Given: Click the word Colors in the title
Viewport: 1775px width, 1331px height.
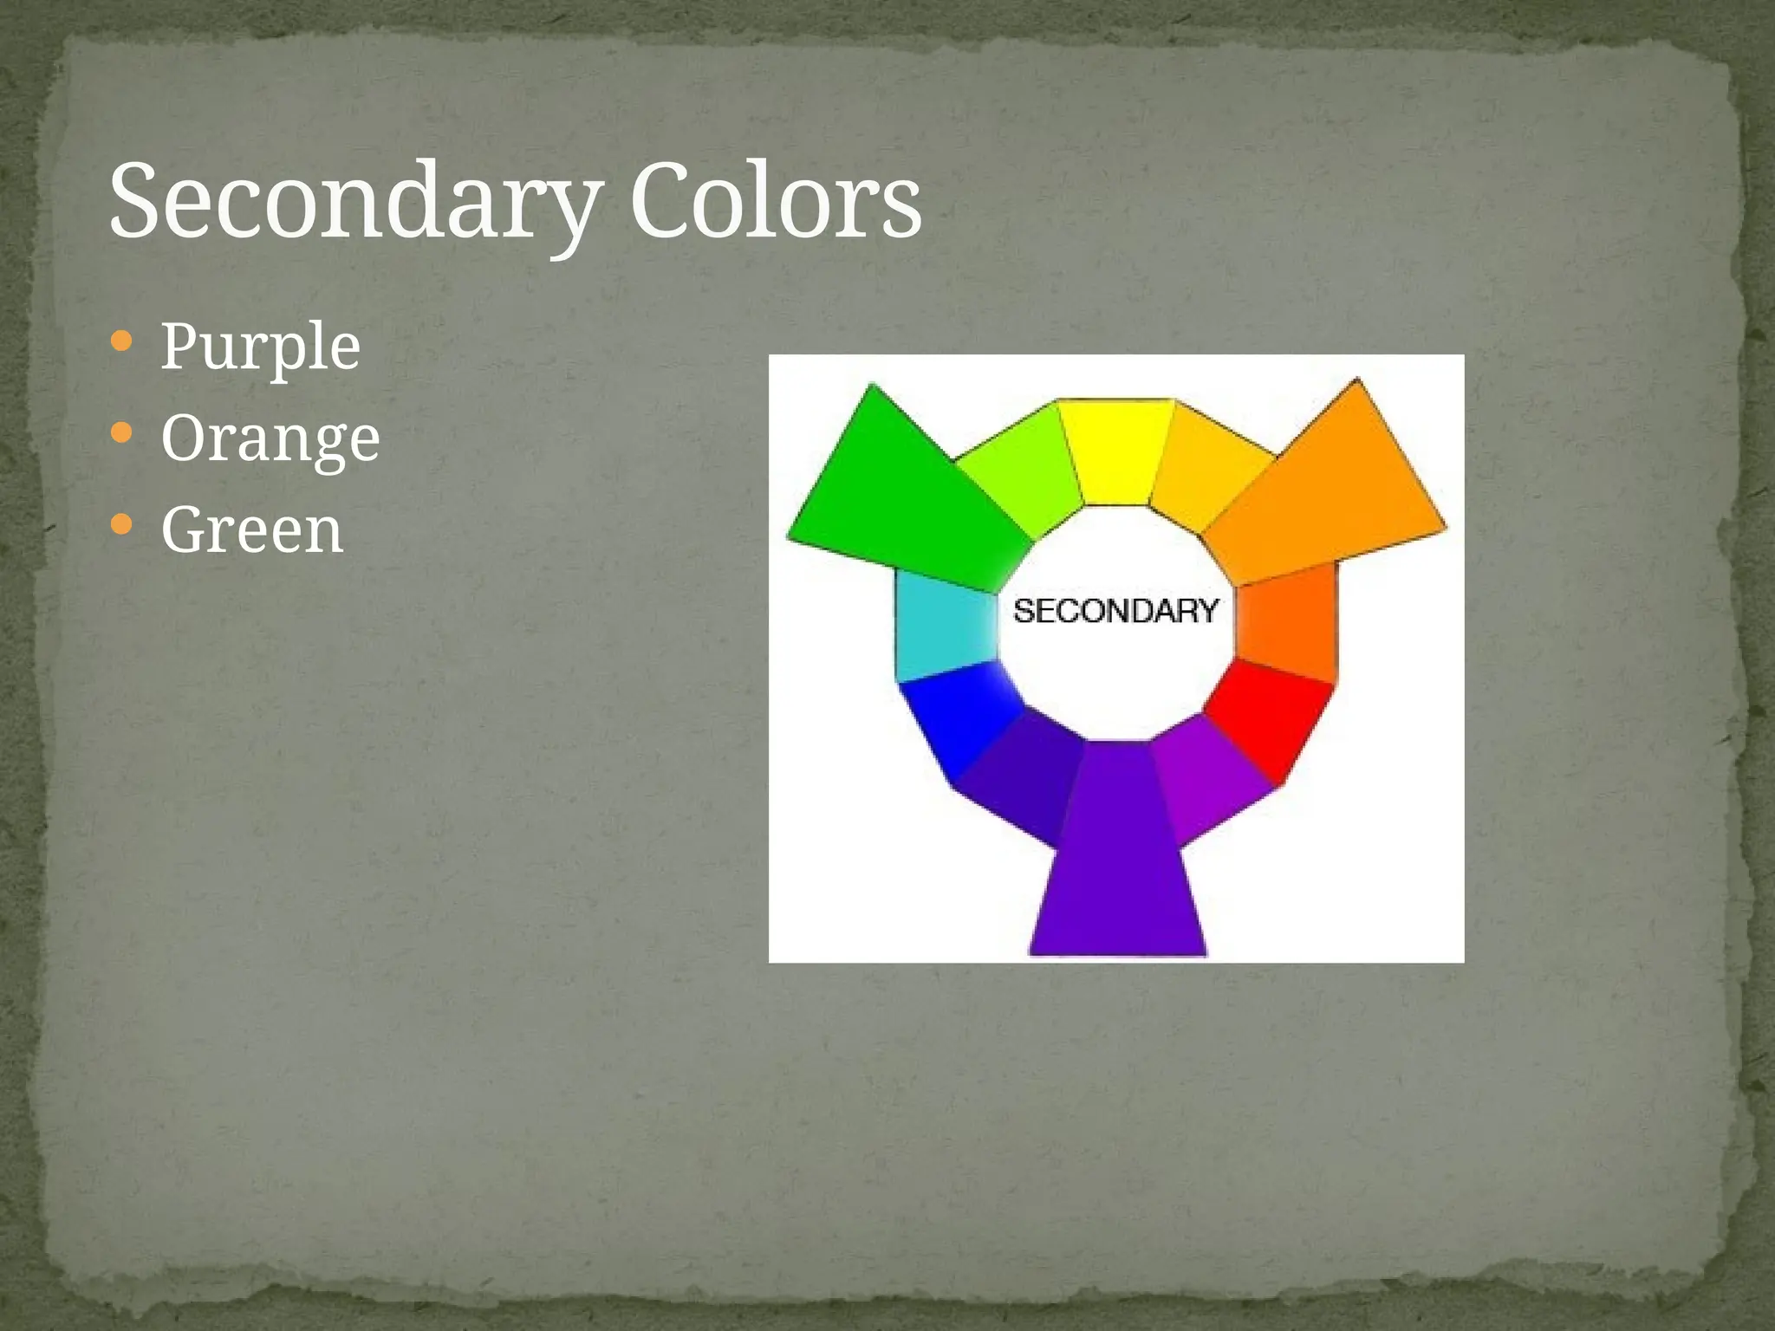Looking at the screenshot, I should point(775,201).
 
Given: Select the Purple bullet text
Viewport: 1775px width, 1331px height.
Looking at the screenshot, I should point(260,347).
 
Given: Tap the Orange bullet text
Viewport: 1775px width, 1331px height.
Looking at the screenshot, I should point(270,438).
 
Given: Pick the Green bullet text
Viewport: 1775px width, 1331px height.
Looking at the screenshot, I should point(252,530).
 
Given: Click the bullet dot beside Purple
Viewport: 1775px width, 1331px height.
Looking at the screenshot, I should point(122,341).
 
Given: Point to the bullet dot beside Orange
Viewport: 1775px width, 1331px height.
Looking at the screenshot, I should point(122,432).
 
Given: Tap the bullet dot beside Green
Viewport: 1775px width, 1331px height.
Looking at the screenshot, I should point(122,524).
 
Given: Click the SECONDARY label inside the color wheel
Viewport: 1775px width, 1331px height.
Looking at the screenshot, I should point(1116,612).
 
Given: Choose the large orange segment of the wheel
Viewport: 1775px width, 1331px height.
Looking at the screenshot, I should point(1335,494).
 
